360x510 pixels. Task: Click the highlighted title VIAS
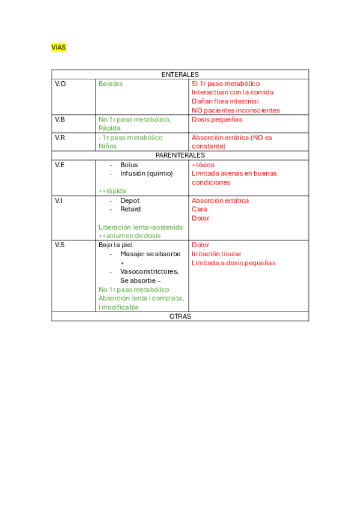[x=58, y=48]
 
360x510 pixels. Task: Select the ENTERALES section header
[x=180, y=75]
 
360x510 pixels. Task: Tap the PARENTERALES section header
[x=180, y=155]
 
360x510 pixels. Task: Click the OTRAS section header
[x=180, y=316]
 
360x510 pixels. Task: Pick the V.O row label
[x=60, y=84]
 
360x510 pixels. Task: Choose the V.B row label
[x=60, y=120]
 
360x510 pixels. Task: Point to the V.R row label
[x=60, y=138]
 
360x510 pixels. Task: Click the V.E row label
[x=60, y=165]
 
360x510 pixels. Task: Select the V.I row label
[x=59, y=200]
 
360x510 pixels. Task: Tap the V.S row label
[x=60, y=245]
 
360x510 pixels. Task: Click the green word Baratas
[x=110, y=84]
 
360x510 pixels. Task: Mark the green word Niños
[x=108, y=146]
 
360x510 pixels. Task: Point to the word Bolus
[x=129, y=165]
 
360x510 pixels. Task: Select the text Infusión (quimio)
[x=146, y=173]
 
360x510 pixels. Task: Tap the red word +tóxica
[x=203, y=165]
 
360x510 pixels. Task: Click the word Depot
[x=130, y=200]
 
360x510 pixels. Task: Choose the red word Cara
[x=199, y=209]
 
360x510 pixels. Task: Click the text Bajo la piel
[x=115, y=245]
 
